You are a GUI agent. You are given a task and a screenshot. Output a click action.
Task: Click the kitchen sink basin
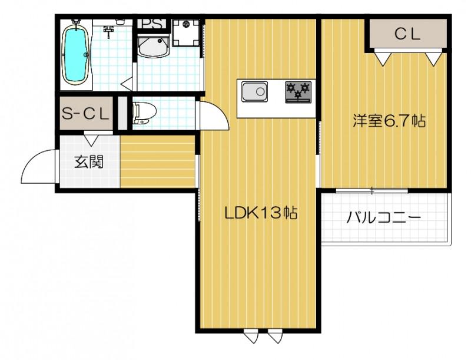[254, 93]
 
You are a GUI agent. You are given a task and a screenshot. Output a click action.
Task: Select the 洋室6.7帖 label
[389, 121]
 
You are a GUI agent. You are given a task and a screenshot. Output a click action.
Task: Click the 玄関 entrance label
[89, 161]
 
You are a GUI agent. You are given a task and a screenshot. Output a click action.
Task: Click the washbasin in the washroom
[154, 48]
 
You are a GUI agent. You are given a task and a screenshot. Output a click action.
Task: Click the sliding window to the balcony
[372, 190]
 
